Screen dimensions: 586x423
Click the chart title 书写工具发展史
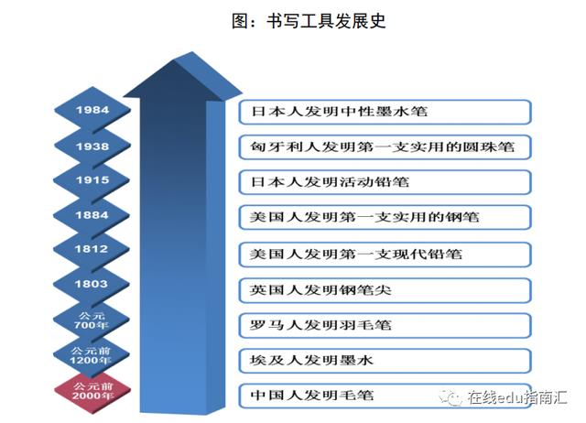[x=309, y=21]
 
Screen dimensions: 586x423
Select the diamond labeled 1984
[x=92, y=110]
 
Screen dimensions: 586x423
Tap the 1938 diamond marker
[x=92, y=146]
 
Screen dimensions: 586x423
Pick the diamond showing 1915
[x=92, y=180]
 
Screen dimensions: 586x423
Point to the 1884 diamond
[x=92, y=215]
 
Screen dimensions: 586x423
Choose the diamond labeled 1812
[x=92, y=249]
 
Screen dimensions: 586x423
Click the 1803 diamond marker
[x=92, y=284]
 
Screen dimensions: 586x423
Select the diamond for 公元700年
[x=92, y=320]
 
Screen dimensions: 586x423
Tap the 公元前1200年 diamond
[x=91, y=355]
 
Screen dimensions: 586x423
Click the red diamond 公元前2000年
[x=92, y=391]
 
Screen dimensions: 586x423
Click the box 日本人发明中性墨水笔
[x=385, y=112]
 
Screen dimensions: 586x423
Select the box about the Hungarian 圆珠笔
[x=385, y=146]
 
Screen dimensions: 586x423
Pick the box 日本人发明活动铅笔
[x=385, y=182]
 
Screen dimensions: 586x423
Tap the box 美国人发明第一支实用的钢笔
[x=385, y=217]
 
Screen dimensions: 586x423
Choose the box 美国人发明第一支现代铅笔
[x=385, y=255]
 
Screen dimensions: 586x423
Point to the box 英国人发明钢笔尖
[x=385, y=290]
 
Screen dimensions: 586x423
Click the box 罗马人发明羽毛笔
[x=385, y=325]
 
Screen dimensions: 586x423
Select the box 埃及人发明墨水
[x=385, y=361]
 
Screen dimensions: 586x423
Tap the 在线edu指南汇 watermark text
[x=517, y=397]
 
